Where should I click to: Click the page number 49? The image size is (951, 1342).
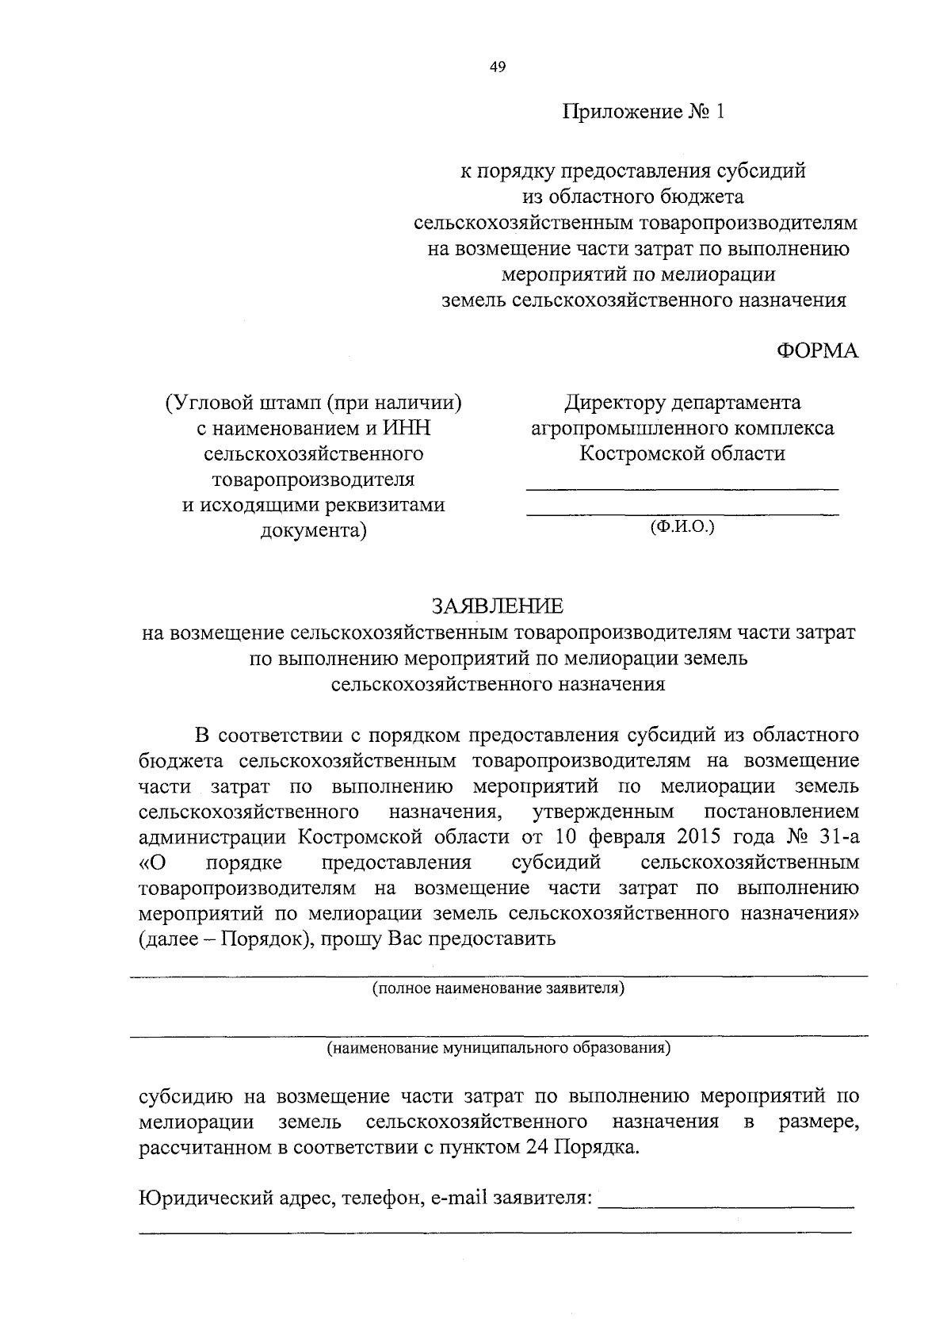pyautogui.click(x=498, y=67)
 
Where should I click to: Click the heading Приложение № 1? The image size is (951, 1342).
pyautogui.click(x=644, y=112)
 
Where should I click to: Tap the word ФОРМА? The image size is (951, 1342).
pyautogui.click(x=817, y=351)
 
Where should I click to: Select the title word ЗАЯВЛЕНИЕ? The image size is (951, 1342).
pyautogui.click(x=498, y=606)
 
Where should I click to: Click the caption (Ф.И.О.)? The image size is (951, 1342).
pyautogui.click(x=682, y=526)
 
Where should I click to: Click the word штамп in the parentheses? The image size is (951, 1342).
pyautogui.click(x=288, y=403)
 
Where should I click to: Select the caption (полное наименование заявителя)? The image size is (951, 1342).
pyautogui.click(x=498, y=988)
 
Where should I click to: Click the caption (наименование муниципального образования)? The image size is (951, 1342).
pyautogui.click(x=499, y=1048)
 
